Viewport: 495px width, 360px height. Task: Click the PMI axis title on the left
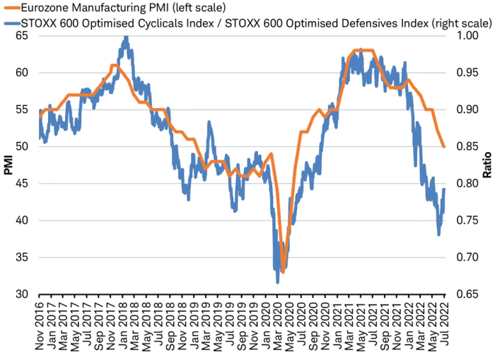click(x=8, y=165)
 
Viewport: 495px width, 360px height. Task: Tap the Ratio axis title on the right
click(x=487, y=165)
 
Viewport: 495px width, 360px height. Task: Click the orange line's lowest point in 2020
click(x=283, y=272)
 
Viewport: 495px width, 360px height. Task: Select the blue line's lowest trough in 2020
click(x=277, y=282)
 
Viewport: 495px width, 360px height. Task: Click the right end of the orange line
click(x=444, y=146)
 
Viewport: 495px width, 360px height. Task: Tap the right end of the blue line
click(x=444, y=190)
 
